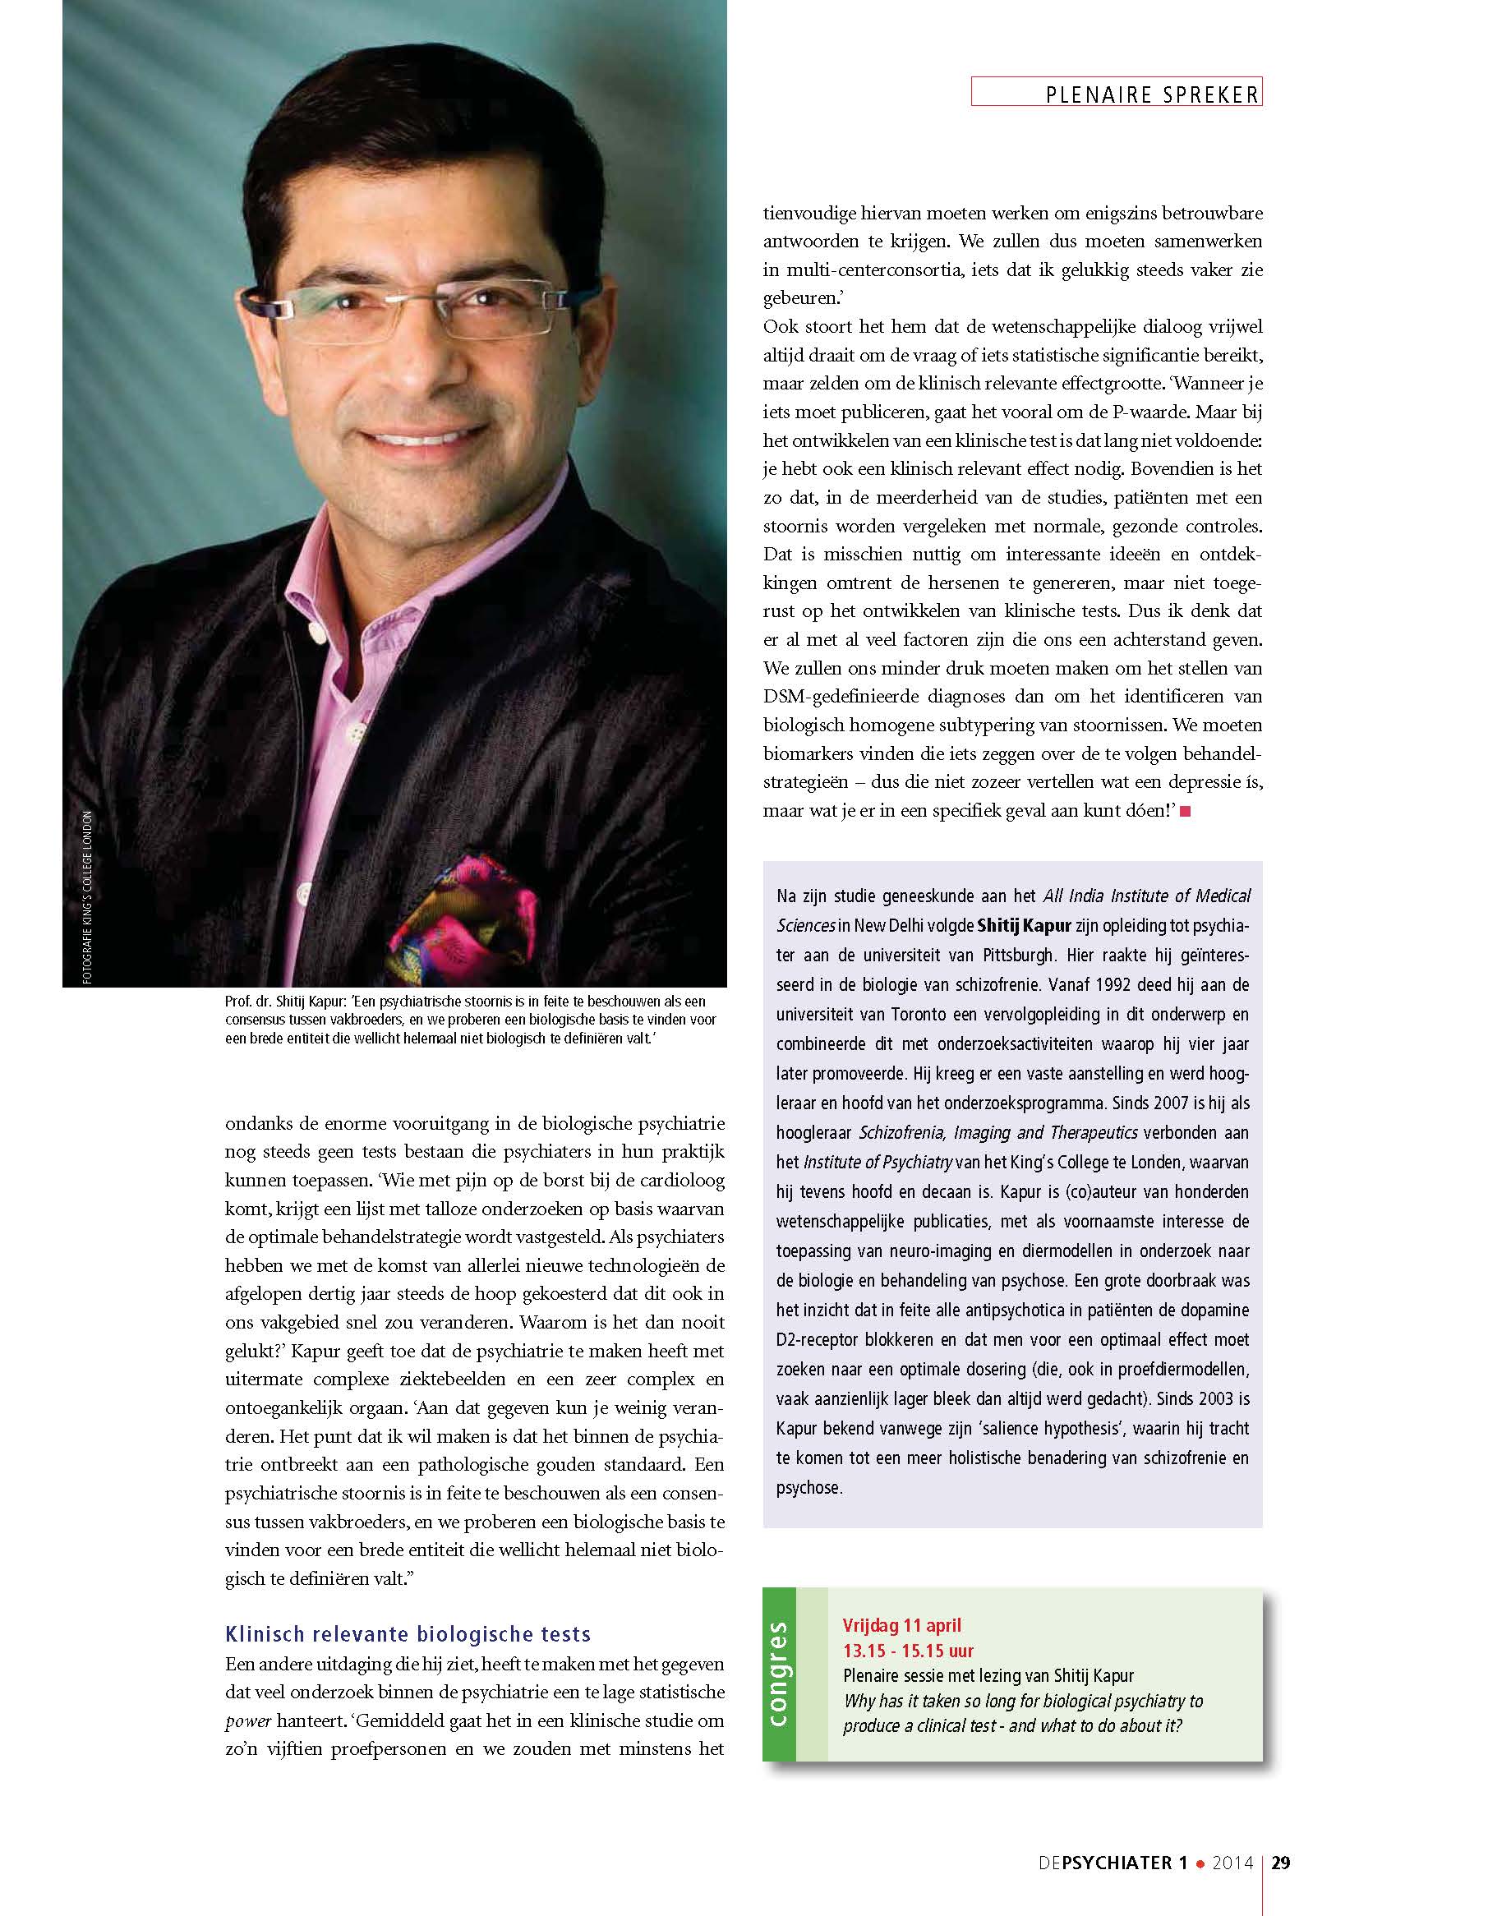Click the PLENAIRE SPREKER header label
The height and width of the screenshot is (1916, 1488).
[x=1152, y=94]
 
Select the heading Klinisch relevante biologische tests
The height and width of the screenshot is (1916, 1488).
[x=408, y=1633]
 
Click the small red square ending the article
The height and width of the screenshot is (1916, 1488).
[x=1186, y=812]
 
